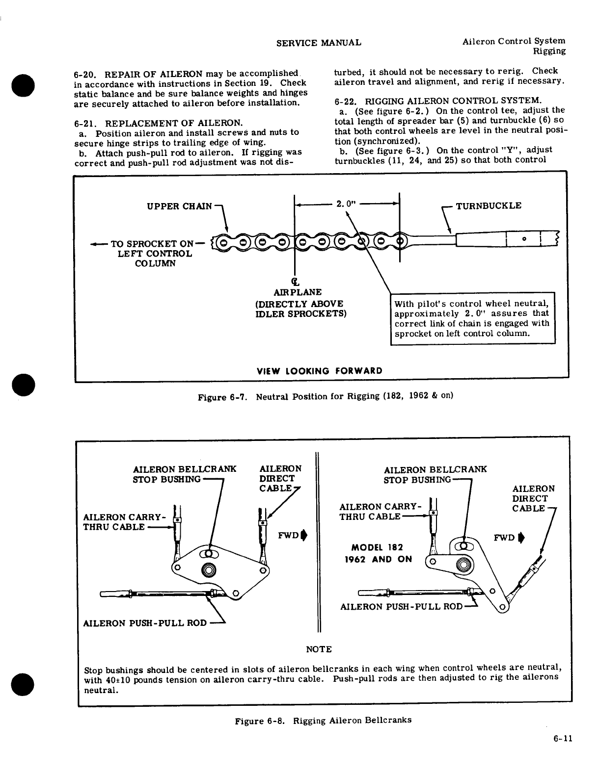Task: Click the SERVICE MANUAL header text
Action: (319, 43)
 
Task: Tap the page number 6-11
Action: (561, 739)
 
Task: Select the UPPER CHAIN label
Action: (180, 206)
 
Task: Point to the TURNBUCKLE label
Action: (489, 206)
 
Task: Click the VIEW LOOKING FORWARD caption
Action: (320, 370)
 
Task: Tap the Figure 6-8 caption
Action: (323, 721)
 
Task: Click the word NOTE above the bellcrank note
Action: (319, 649)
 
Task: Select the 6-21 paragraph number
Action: (84, 123)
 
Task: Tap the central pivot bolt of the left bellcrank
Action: (209, 570)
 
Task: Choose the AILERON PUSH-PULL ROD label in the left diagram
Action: (145, 623)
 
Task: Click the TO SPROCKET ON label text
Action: (153, 244)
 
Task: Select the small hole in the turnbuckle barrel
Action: (525, 239)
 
